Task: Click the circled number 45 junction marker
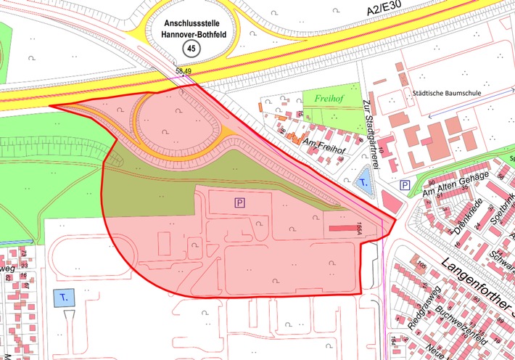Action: click(x=191, y=48)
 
